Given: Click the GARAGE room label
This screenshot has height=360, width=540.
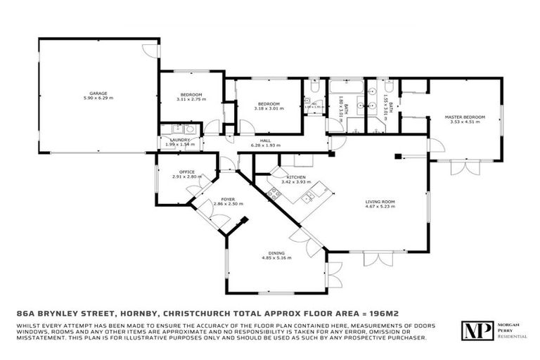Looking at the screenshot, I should (97, 93).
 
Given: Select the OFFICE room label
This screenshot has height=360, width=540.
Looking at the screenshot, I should (186, 172).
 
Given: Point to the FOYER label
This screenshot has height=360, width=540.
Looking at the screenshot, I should (228, 199).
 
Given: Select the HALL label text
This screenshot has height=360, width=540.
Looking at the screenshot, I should (265, 140).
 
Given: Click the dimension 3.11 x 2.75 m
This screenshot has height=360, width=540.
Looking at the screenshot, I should (191, 100).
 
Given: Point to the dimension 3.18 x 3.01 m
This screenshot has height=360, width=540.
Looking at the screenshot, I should (269, 109).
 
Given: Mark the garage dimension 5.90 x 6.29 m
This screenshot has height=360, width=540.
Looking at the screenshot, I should (97, 98).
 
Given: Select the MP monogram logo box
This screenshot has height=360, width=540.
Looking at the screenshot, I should (475, 331).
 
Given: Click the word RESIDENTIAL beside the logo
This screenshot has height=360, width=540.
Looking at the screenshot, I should (511, 337).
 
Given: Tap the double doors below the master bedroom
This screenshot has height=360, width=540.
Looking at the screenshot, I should (460, 169).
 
